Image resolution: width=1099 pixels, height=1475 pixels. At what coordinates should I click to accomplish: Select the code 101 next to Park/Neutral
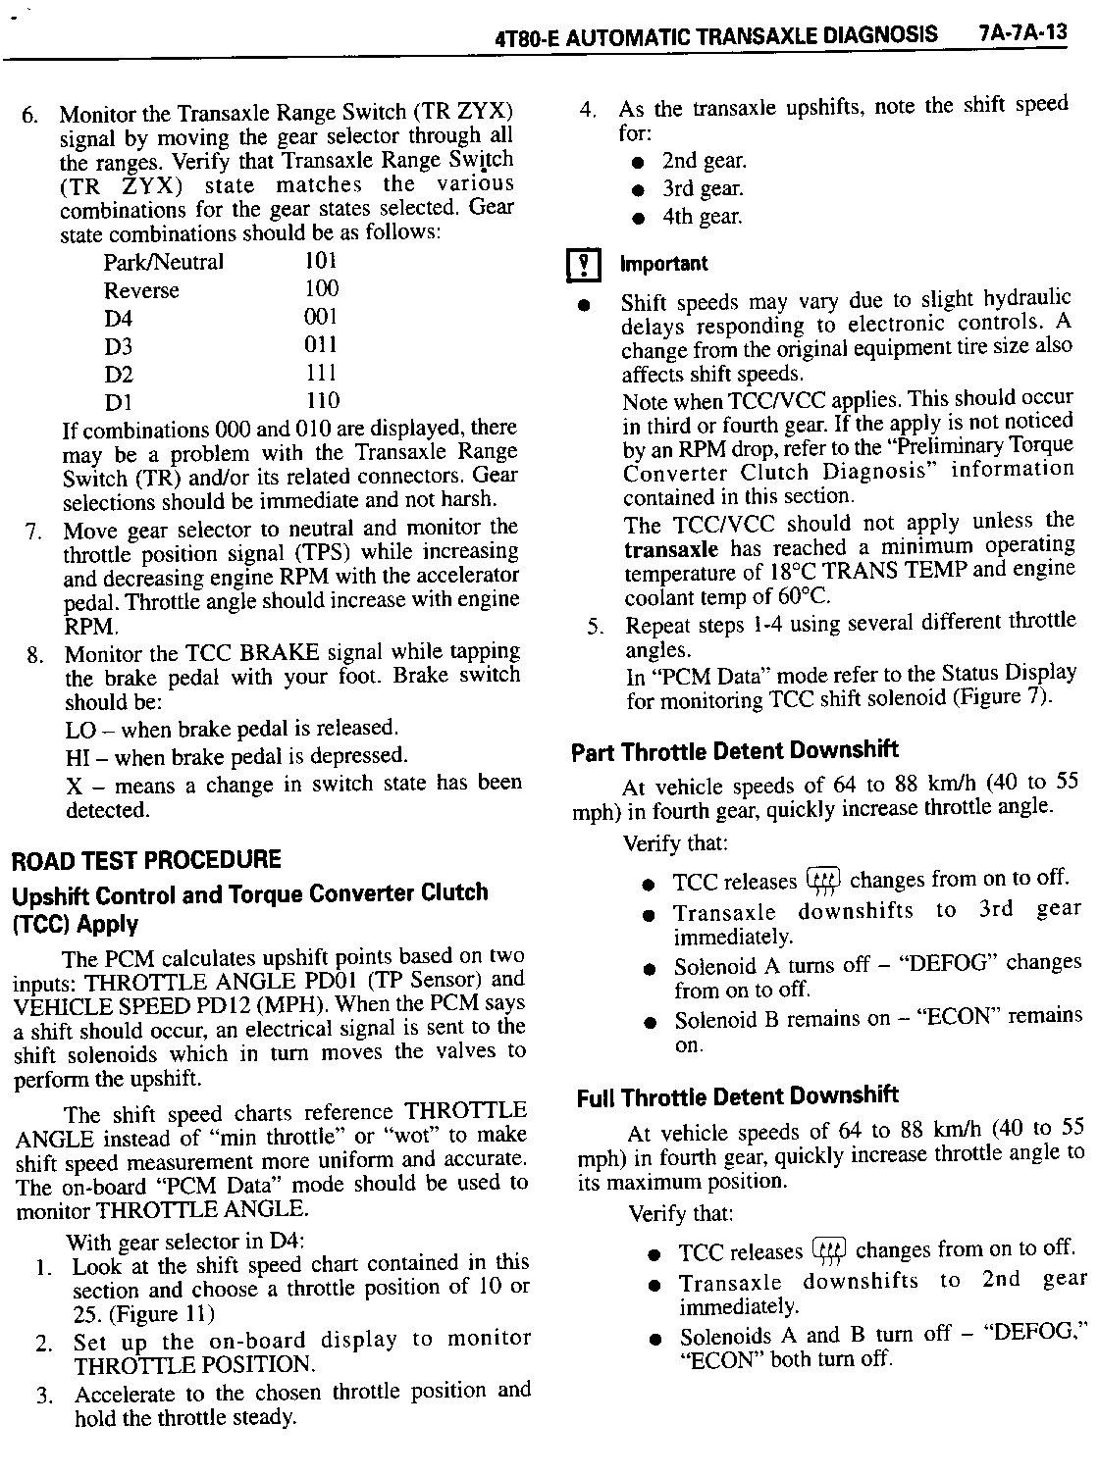point(321,261)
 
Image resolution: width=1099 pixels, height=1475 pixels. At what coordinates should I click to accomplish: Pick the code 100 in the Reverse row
point(321,288)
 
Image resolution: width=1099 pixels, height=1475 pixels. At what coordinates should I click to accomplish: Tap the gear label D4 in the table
point(118,319)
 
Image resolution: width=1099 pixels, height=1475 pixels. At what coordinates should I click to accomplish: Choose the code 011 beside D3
point(321,344)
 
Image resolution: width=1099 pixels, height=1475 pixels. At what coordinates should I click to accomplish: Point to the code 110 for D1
point(322,400)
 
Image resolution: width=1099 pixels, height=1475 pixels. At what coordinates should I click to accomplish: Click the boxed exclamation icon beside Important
point(585,265)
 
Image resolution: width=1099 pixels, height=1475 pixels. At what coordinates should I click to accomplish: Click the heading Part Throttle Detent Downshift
point(734,751)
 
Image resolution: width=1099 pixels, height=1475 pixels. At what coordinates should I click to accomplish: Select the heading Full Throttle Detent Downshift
point(737,1095)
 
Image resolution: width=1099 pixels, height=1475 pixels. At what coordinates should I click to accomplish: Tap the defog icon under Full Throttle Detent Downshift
point(829,1251)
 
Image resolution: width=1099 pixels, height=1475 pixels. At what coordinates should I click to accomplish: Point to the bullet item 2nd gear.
point(704,161)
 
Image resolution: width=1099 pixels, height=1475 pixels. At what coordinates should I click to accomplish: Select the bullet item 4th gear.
point(703,217)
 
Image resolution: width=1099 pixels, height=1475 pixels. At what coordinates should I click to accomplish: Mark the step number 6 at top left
point(29,115)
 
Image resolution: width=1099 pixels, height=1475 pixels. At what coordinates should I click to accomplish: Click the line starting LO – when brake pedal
point(232,729)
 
